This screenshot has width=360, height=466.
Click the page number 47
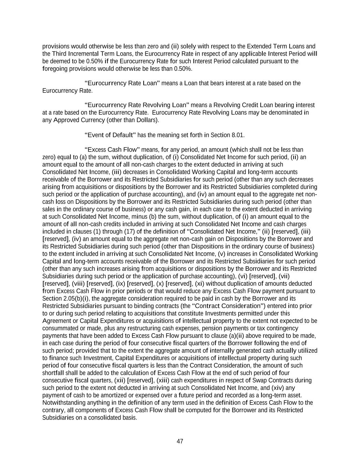click(x=180, y=441)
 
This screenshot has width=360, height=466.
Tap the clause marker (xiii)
click(x=163, y=380)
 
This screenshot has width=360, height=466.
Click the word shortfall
click(x=53, y=373)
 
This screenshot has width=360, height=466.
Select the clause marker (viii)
click(x=78, y=284)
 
